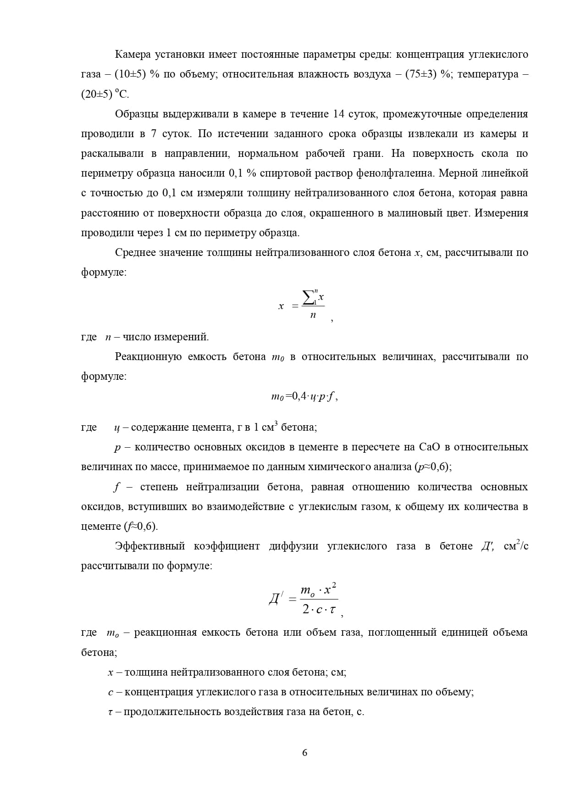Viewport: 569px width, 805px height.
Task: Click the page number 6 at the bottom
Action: [x=305, y=753]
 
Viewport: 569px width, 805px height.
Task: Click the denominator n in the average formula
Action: [x=313, y=315]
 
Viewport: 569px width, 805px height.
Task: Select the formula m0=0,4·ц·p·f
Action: [x=304, y=397]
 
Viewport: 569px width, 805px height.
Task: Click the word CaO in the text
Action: [x=430, y=447]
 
